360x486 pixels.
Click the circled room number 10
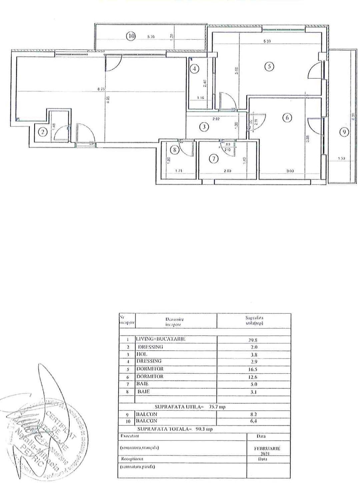coord(131,36)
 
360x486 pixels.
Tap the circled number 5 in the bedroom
coord(269,67)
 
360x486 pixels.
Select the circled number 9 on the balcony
coord(344,132)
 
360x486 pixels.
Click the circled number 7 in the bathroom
coord(213,159)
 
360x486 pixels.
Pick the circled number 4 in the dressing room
coord(194,69)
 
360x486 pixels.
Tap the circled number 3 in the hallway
coord(204,127)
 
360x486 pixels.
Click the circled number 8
coord(176,150)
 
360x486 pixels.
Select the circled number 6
coord(287,118)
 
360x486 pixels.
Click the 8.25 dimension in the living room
coord(101,89)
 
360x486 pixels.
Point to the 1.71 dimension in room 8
coord(179,171)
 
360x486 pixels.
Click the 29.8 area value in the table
coord(254,340)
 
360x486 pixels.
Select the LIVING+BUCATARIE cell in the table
coord(161,339)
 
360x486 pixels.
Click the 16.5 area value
coord(254,369)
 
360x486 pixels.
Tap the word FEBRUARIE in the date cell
coord(267,448)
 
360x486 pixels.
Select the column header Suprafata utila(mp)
coord(255,320)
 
